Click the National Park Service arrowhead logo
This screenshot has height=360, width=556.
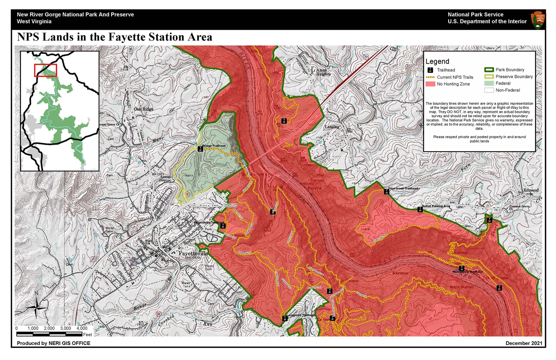tap(538, 20)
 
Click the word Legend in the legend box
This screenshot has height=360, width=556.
tap(437, 62)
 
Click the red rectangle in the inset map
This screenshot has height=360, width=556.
tap(46, 70)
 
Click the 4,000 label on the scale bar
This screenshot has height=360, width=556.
tap(81, 328)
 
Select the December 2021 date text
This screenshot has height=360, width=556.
tap(523, 343)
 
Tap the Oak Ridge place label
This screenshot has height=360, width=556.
tap(144, 109)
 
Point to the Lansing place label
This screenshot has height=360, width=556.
tap(332, 127)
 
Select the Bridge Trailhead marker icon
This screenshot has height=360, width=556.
tap(200, 149)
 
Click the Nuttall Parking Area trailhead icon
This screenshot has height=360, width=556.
tap(420, 209)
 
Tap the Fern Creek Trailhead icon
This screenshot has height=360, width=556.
tap(386, 191)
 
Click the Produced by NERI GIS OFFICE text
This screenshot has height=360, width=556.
tap(53, 343)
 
